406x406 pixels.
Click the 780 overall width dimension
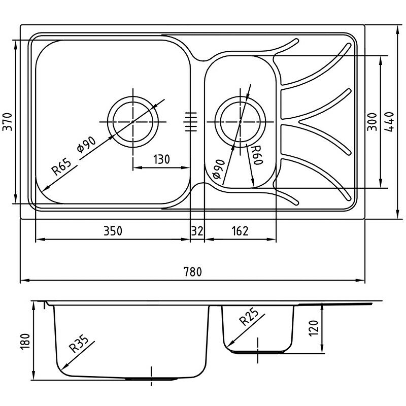193,272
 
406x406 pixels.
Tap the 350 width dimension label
113,231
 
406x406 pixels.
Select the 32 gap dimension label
197,231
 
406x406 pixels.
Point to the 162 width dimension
240,231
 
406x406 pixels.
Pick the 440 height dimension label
390,122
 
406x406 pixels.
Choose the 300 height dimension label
372,122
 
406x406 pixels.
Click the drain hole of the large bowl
133,122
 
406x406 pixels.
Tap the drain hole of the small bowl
240,122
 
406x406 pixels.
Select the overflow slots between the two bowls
191,122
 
